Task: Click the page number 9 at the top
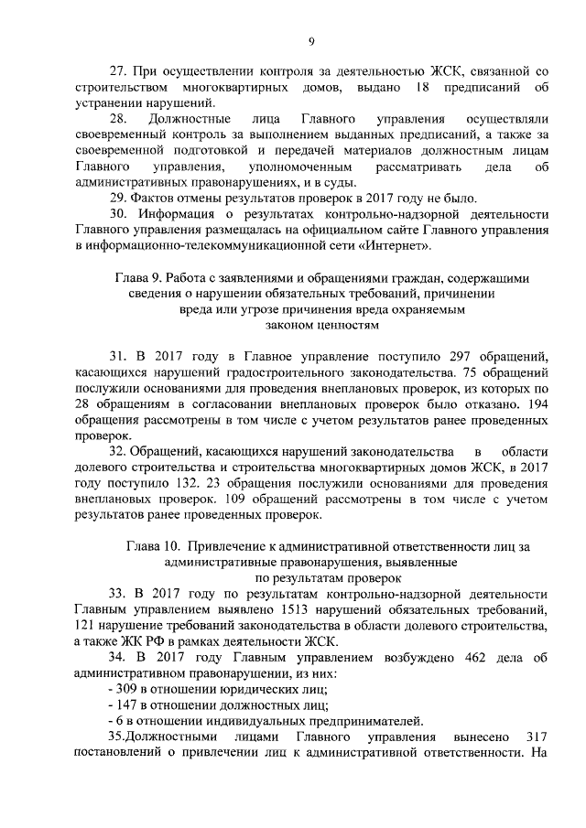(x=311, y=41)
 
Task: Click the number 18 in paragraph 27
(x=422, y=87)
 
